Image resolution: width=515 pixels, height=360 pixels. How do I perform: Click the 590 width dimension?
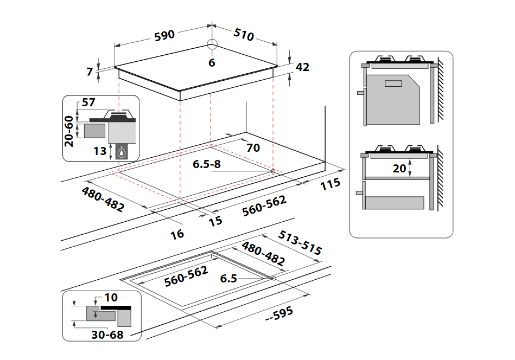(164, 35)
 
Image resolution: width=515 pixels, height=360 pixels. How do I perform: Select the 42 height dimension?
(302, 67)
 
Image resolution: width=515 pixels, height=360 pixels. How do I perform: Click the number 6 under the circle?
(212, 63)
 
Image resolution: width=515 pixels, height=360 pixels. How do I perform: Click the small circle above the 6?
(212, 44)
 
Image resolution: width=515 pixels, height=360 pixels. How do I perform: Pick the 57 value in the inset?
(88, 102)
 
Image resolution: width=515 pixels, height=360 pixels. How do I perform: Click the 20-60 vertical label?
(69, 131)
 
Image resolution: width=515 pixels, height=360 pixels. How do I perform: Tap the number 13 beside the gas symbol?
(100, 151)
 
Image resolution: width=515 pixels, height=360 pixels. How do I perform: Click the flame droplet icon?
(122, 152)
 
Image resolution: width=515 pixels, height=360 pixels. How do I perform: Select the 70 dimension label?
(253, 147)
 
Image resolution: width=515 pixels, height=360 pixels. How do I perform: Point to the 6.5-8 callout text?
(207, 164)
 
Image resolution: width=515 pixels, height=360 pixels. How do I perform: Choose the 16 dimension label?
(177, 234)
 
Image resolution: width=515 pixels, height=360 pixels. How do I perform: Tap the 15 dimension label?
(215, 221)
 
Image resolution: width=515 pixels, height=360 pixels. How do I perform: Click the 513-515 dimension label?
(300, 242)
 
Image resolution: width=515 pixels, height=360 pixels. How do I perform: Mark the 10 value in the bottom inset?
(111, 297)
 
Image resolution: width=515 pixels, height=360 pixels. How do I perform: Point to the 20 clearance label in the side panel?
(399, 169)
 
